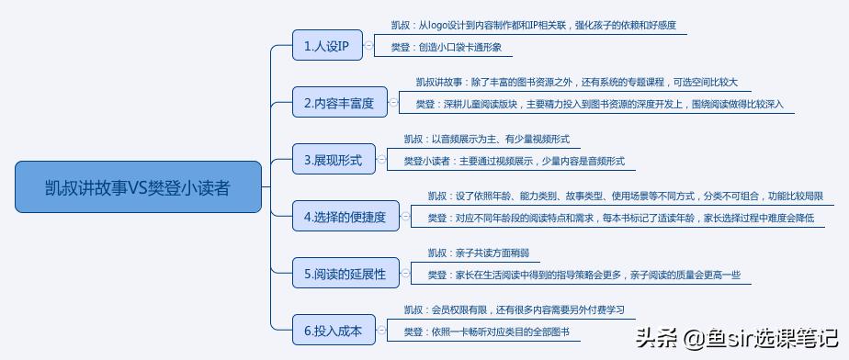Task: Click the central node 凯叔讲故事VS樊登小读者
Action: point(138,187)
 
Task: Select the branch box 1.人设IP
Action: point(326,46)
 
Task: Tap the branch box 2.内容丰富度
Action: point(338,103)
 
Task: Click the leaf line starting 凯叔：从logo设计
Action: point(533,26)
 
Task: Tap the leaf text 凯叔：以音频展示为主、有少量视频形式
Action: point(486,140)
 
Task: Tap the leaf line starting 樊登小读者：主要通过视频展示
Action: point(514,161)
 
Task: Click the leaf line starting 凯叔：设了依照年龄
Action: point(625,197)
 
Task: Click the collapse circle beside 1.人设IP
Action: point(368,46)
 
